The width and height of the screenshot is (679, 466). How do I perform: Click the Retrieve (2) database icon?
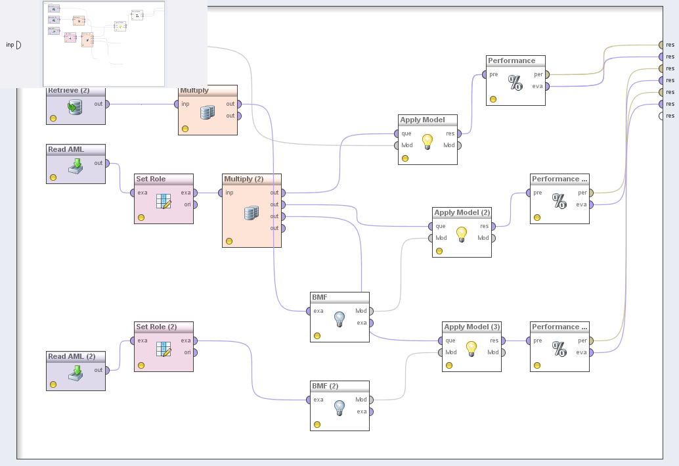click(x=76, y=107)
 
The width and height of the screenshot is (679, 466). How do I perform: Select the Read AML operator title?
click(x=66, y=149)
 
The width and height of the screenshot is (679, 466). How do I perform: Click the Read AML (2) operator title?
click(x=72, y=356)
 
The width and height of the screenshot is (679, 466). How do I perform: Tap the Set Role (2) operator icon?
click(x=164, y=348)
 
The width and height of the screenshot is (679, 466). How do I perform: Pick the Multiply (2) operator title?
click(x=244, y=179)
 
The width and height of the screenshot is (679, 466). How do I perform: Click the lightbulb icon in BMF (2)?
click(x=339, y=408)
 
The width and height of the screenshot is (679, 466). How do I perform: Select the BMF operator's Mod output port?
click(x=371, y=311)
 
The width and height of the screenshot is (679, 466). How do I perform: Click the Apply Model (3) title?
click(x=471, y=327)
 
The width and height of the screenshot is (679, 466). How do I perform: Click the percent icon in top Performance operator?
click(x=515, y=82)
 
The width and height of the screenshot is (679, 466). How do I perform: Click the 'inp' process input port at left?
click(x=18, y=45)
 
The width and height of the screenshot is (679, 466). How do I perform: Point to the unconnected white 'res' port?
click(x=661, y=116)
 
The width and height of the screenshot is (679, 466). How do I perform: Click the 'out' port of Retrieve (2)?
click(x=106, y=104)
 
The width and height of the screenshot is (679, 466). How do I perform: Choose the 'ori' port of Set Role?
click(x=195, y=204)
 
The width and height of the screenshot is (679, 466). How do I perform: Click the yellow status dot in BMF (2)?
click(x=317, y=425)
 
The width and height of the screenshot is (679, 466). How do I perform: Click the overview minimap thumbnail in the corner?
click(x=104, y=43)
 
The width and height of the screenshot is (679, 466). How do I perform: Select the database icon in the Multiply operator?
click(x=208, y=112)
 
